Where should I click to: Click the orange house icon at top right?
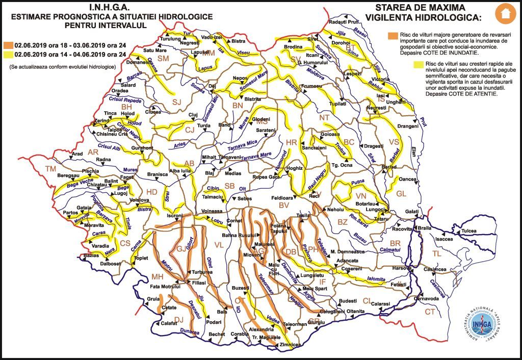[505, 13]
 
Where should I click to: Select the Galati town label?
[412, 212]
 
